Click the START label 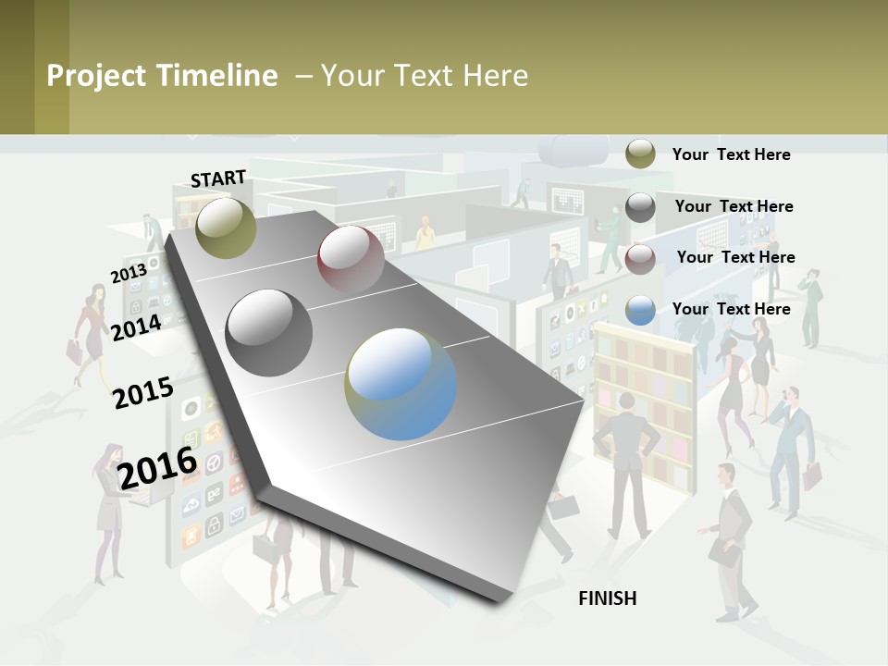point(218,179)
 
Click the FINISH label point(607,598)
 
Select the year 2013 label point(129,274)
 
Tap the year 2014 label point(137,327)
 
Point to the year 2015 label point(143,393)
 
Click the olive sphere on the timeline point(226,228)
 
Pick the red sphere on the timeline point(351,258)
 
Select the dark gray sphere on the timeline point(269,332)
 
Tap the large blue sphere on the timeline point(401,384)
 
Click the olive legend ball point(640,154)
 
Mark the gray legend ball point(640,207)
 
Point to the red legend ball point(640,258)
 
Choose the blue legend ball point(640,310)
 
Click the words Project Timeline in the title point(162,76)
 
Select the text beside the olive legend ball point(731,154)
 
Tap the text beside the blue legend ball point(731,309)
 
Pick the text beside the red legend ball point(735,257)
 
